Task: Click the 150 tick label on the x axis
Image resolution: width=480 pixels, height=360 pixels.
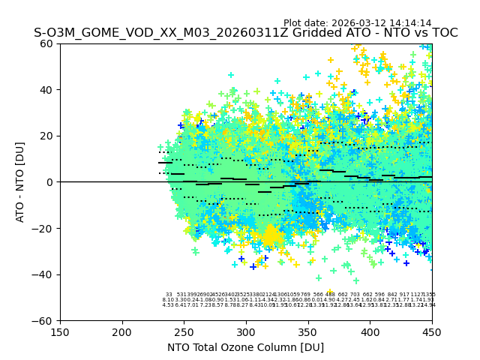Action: [60, 332]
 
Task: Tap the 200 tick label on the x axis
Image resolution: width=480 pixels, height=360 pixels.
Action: [122, 332]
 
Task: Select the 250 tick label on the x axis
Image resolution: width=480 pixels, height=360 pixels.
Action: [184, 332]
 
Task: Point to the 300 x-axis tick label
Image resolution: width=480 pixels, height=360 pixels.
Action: [246, 332]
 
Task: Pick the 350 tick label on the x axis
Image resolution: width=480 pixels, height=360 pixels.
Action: [308, 332]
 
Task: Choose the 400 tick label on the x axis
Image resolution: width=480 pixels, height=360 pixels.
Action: [370, 332]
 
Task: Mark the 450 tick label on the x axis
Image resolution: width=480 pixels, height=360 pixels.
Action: [432, 332]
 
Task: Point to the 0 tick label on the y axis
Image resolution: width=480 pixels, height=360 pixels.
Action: [51, 182]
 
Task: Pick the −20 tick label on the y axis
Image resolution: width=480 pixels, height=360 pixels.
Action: [45, 228]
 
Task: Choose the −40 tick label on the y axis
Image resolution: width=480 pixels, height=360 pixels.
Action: [45, 274]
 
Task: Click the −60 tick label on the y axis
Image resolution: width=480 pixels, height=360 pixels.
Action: [45, 321]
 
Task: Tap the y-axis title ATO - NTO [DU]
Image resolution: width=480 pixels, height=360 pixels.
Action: [20, 182]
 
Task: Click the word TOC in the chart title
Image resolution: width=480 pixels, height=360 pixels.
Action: [443, 33]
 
